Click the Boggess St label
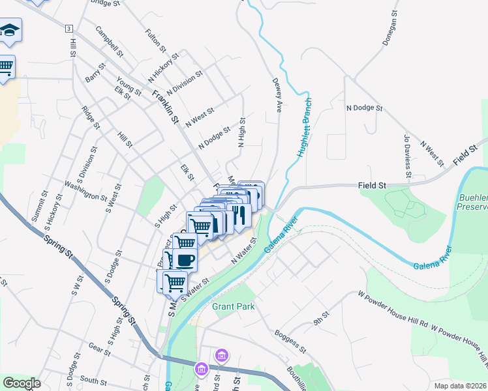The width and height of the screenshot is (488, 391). pyautogui.click(x=290, y=341)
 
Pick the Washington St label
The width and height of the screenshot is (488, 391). pyautogui.click(x=85, y=192)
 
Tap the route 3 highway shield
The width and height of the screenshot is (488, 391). pyautogui.click(x=68, y=29)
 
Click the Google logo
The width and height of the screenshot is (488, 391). pyautogui.click(x=22, y=383)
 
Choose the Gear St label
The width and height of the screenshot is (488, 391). pyautogui.click(x=100, y=349)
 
